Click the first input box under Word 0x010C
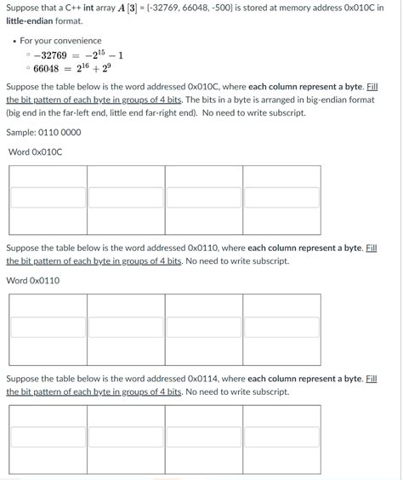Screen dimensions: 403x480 point(48,197)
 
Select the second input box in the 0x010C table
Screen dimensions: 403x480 point(126,197)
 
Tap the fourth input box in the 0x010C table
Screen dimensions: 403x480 point(281,197)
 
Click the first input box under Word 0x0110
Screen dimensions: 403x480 point(48,327)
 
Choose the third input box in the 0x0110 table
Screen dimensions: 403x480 point(204,327)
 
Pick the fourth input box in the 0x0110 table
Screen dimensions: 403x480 point(281,327)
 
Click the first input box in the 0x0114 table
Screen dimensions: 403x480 point(48,437)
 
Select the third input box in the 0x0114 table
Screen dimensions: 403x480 point(204,437)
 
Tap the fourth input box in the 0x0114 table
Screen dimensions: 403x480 point(281,437)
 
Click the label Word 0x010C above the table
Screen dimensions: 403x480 point(35,152)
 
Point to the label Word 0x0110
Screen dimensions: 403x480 point(33,280)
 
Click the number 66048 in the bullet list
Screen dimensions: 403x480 point(46,69)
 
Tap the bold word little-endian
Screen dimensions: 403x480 point(30,20)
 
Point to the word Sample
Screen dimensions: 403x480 point(20,133)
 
